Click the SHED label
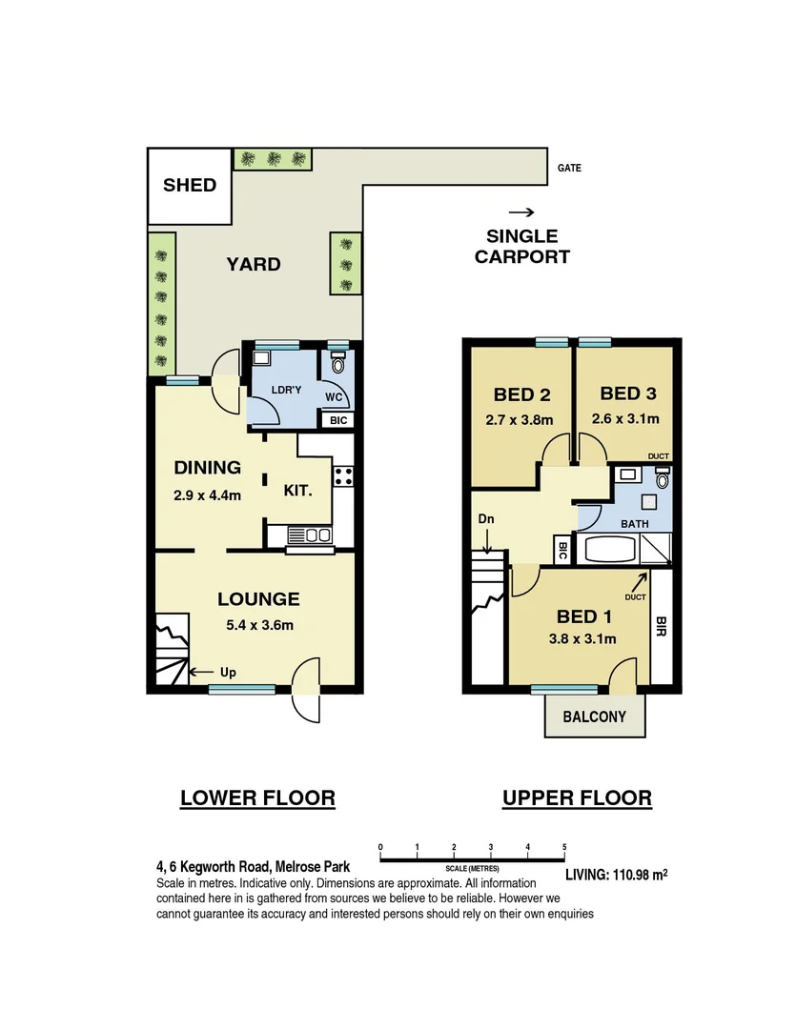tap(190, 185)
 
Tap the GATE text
tap(569, 169)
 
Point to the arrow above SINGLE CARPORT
tap(520, 212)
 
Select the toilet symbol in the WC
tap(337, 363)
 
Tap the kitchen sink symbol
tap(309, 536)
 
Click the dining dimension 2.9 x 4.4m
tap(207, 495)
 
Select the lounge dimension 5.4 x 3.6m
tap(258, 625)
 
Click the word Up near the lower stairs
tap(228, 673)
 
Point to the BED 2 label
tap(521, 394)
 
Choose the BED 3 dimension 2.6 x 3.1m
tap(625, 418)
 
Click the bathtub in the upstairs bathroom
tap(609, 550)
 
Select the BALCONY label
tap(595, 716)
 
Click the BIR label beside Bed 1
tap(661, 626)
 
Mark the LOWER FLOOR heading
tap(257, 797)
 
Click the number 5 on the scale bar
tap(564, 846)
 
